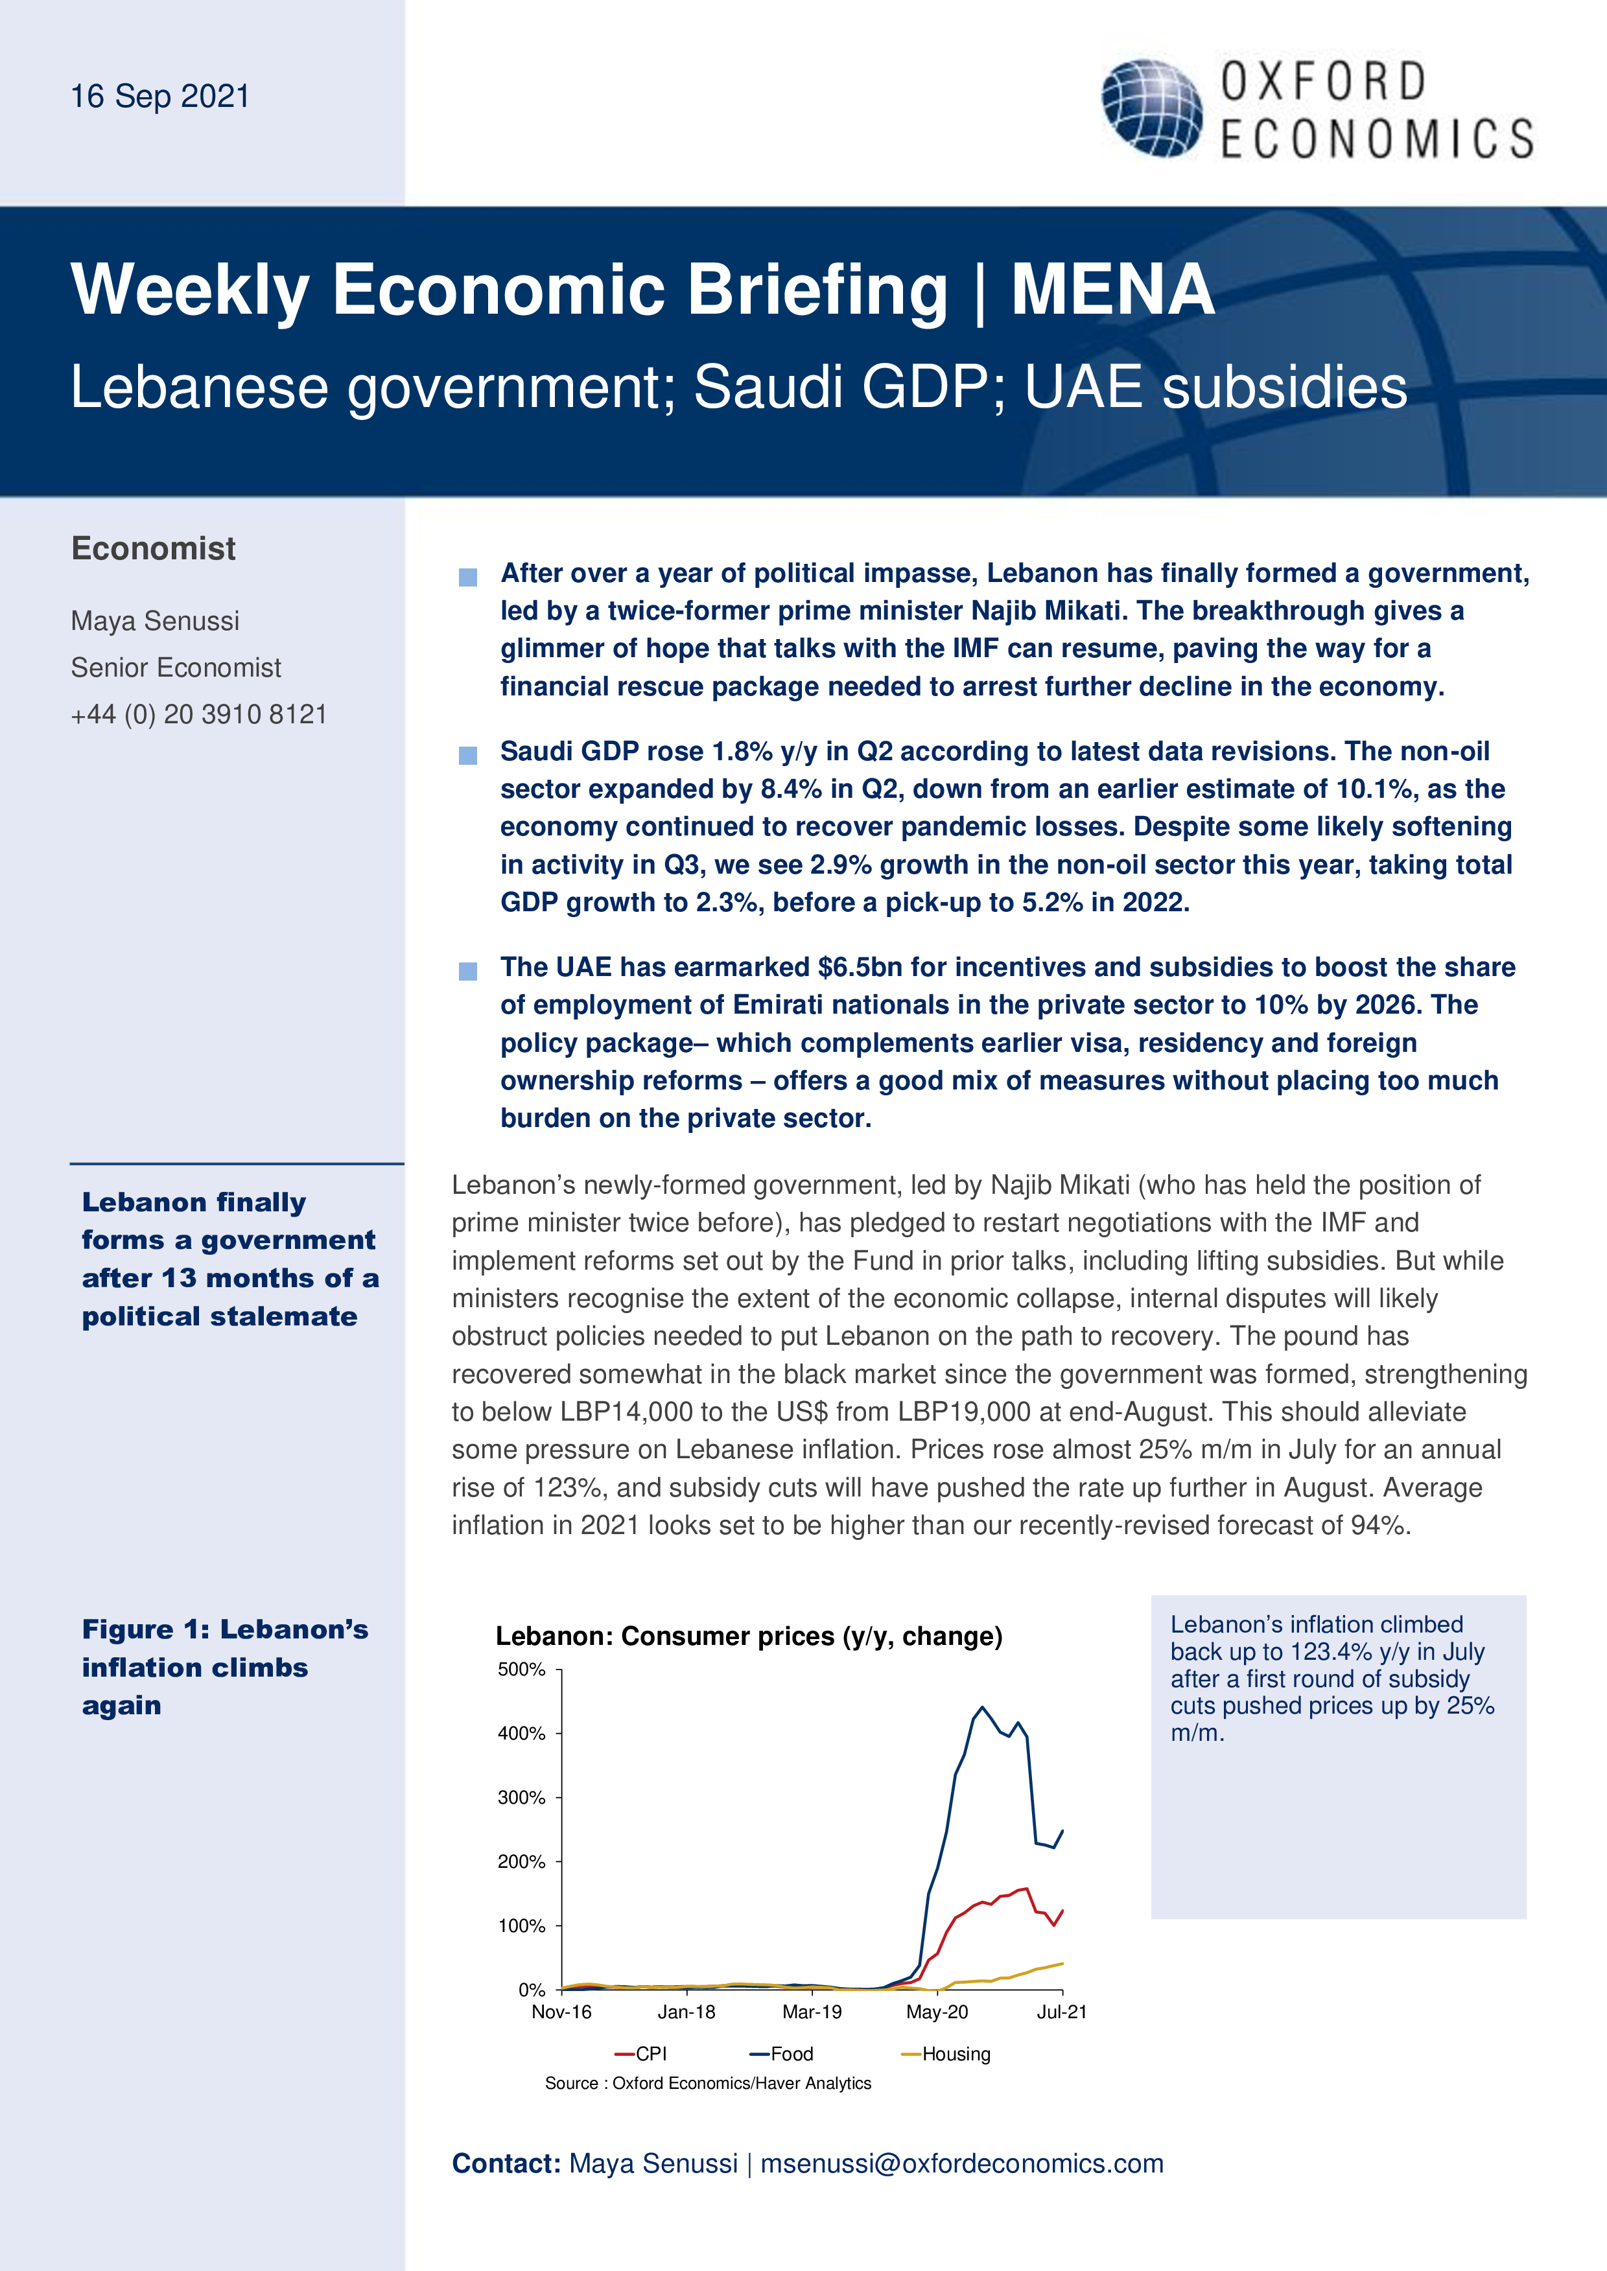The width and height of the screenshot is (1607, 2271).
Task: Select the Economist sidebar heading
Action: (x=154, y=548)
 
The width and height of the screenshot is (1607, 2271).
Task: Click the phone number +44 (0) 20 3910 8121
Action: (x=198, y=714)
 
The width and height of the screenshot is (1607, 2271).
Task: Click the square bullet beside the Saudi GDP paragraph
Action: (x=468, y=756)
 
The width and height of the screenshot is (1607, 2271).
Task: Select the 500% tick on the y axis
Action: (x=521, y=1670)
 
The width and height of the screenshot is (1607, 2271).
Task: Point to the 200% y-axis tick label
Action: (x=521, y=1861)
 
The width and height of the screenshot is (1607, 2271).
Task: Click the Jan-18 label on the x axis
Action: (x=686, y=2012)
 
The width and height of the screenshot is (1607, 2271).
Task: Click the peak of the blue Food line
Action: (x=981, y=1707)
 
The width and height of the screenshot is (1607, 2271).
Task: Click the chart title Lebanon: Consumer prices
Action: (x=748, y=1636)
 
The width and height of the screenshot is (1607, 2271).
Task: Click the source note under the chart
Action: (x=707, y=2083)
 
